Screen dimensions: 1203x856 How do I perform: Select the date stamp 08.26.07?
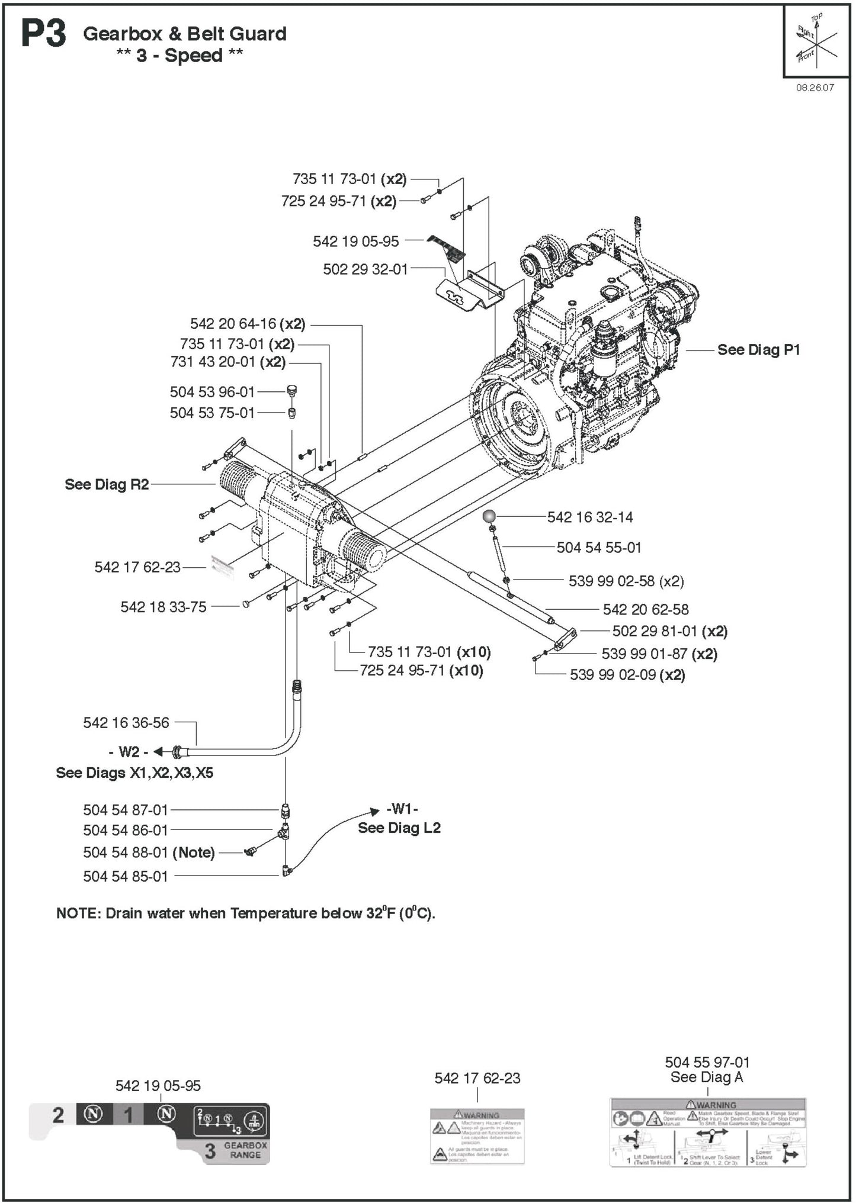(815, 88)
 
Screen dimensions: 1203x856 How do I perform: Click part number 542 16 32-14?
(589, 517)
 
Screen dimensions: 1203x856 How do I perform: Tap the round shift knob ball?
(489, 516)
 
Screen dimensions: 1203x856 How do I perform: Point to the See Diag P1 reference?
(758, 350)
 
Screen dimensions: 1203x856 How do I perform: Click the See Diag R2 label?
(107, 484)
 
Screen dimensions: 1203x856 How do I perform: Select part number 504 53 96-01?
(212, 392)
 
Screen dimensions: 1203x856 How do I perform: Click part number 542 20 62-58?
(646, 609)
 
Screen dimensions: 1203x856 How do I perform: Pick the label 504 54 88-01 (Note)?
(149, 853)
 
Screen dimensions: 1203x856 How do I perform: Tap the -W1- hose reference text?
(402, 809)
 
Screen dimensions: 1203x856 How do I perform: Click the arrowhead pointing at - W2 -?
(158, 752)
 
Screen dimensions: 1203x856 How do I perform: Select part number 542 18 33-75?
(163, 607)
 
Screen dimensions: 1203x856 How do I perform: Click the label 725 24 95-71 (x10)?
(421, 671)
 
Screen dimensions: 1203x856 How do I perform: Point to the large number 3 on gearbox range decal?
(210, 1151)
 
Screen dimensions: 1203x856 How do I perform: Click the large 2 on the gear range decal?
(57, 1115)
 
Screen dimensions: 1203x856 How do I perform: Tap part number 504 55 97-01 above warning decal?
(707, 1062)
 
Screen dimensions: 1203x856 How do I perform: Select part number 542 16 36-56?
(126, 723)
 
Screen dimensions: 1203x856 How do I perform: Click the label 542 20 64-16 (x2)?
(247, 324)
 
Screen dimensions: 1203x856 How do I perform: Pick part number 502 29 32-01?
(365, 269)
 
